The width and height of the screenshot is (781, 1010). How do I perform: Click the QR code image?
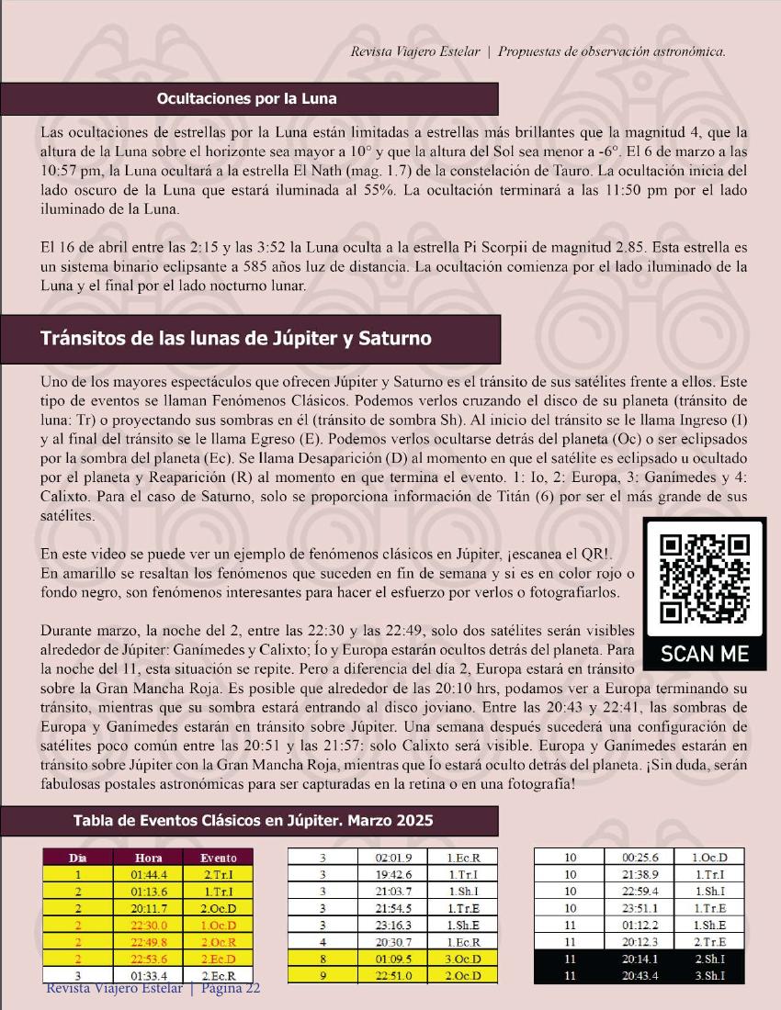pos(707,578)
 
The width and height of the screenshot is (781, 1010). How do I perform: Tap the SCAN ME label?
pos(706,654)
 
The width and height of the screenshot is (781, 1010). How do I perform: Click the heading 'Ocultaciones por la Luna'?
pos(246,98)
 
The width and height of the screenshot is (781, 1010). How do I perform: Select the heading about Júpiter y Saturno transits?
pos(236,338)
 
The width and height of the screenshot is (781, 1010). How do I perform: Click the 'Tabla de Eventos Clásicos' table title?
pos(253,819)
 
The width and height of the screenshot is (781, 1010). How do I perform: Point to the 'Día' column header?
pos(77,858)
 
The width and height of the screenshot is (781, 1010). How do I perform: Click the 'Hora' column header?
pos(148,858)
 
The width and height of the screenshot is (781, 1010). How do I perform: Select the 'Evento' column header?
pos(218,858)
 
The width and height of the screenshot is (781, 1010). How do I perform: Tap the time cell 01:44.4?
pos(148,874)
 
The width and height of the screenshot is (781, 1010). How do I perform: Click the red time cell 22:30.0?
pos(148,925)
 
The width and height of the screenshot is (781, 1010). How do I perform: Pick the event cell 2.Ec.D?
pos(218,958)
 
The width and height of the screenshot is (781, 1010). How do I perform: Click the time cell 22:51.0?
pos(393,974)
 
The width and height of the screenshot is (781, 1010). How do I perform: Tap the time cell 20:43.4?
pos(640,974)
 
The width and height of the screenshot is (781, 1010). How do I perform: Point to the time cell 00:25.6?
pos(640,858)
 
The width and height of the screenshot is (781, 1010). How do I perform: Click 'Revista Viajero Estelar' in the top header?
pos(415,51)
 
